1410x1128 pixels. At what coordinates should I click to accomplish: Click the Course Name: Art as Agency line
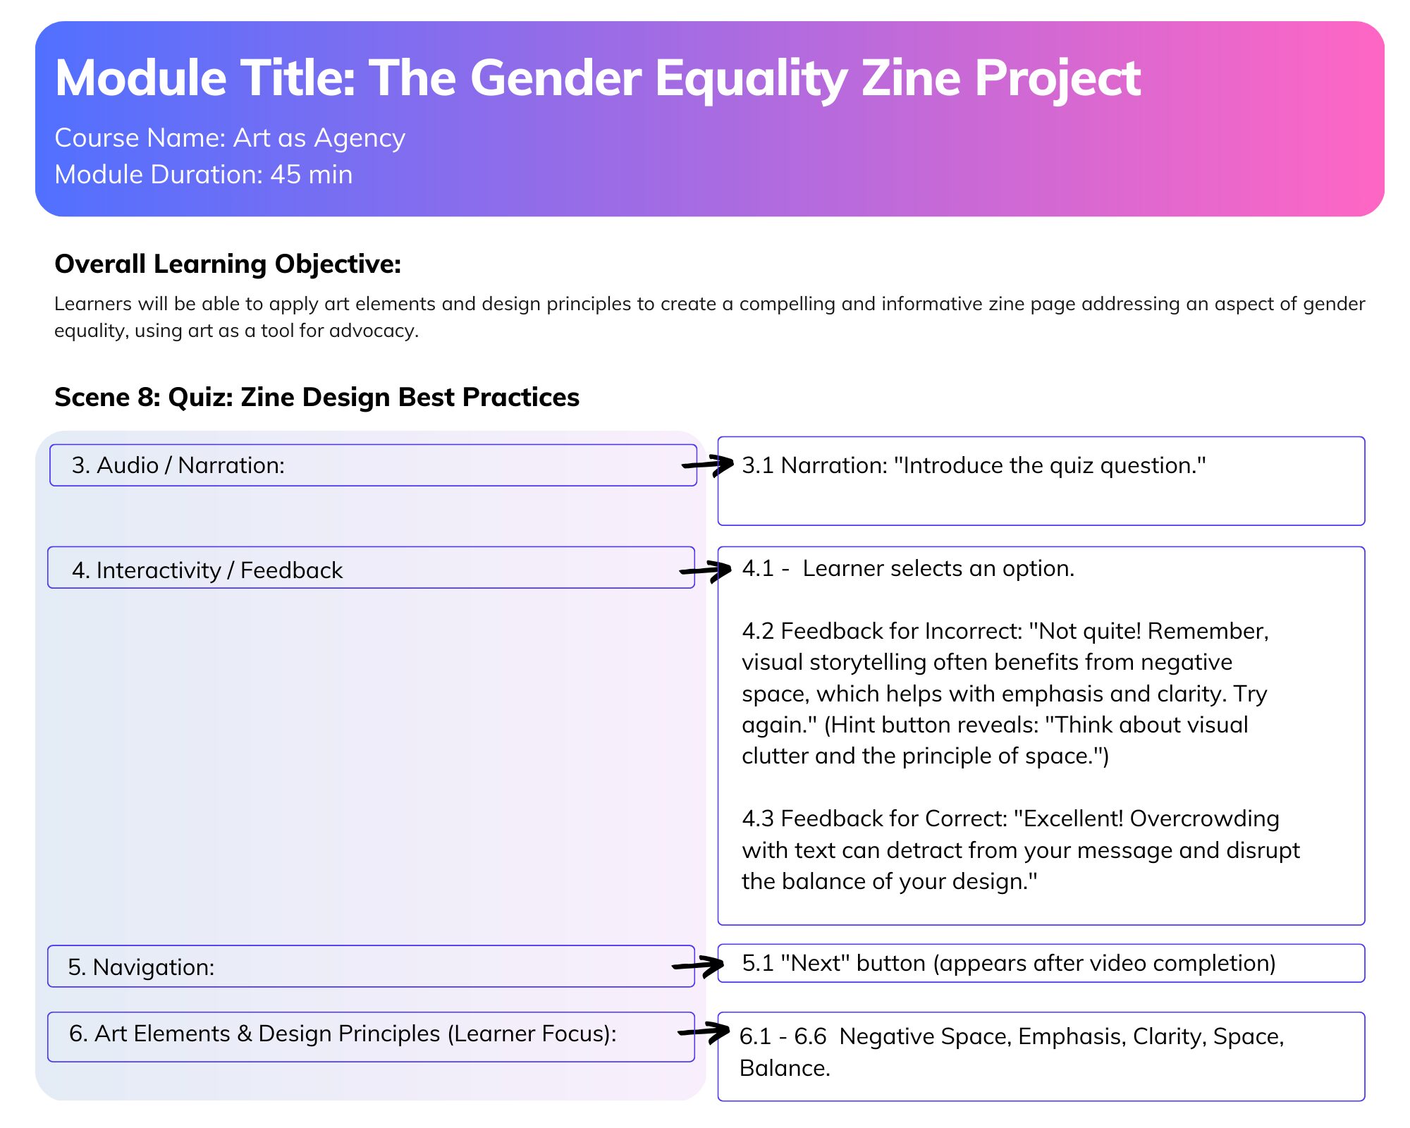click(230, 138)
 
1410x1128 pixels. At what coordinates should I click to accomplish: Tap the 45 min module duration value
click(312, 175)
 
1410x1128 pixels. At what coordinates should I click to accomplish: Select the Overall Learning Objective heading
click(228, 264)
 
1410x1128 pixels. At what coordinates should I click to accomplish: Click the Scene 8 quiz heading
click(317, 398)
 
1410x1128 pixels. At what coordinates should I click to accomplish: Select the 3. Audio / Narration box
click(373, 465)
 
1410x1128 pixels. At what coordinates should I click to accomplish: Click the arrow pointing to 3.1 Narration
click(707, 465)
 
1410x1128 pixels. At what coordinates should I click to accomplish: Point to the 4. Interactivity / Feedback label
click(207, 570)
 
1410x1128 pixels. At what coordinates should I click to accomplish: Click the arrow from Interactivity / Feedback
click(705, 570)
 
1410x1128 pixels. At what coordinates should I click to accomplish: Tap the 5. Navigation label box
click(371, 967)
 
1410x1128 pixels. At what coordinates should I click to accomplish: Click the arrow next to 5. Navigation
click(698, 965)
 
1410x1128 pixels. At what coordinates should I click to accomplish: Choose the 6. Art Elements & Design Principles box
click(371, 1037)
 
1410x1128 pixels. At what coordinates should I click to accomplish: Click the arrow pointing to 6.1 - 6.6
click(704, 1032)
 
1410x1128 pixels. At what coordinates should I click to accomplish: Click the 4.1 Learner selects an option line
click(908, 568)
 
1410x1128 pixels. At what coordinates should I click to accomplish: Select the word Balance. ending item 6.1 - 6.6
click(785, 1068)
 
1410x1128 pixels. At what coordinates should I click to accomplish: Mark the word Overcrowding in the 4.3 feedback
click(1204, 819)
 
